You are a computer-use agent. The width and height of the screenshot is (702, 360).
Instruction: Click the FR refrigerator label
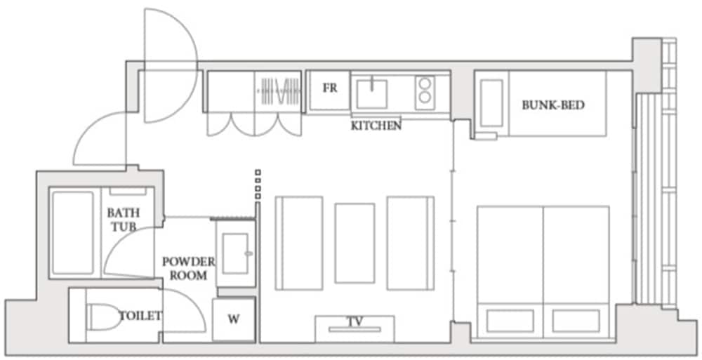coord(330,88)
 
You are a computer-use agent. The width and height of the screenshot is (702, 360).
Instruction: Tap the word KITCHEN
coord(376,126)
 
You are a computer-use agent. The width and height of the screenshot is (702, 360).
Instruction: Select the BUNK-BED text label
coord(553,106)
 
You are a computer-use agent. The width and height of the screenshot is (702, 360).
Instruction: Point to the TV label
coord(355,321)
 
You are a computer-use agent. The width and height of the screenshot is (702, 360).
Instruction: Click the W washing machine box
coord(234,320)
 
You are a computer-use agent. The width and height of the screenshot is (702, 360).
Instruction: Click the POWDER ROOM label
coord(188,268)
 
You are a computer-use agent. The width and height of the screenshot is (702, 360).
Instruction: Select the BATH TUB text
coord(123,219)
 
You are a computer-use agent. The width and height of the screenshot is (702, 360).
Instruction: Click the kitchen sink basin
coord(371,94)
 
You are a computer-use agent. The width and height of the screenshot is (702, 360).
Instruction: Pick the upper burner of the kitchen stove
coord(425,84)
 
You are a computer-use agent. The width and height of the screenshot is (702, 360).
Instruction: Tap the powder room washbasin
coord(235,253)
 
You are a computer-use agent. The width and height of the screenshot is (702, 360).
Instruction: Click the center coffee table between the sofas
coord(355,243)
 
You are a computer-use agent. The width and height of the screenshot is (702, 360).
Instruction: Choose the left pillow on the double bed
coord(510,321)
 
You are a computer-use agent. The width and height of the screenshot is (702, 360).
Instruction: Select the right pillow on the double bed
coord(576,321)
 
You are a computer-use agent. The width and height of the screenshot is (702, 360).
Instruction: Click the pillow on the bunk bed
coord(491,103)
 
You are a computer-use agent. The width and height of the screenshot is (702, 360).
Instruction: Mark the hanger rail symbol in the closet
coord(279,91)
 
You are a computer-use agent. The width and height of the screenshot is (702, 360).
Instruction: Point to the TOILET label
coord(140,316)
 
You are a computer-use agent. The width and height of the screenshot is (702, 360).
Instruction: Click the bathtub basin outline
coord(73,233)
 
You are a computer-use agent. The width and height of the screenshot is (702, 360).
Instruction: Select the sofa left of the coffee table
coord(299,243)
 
